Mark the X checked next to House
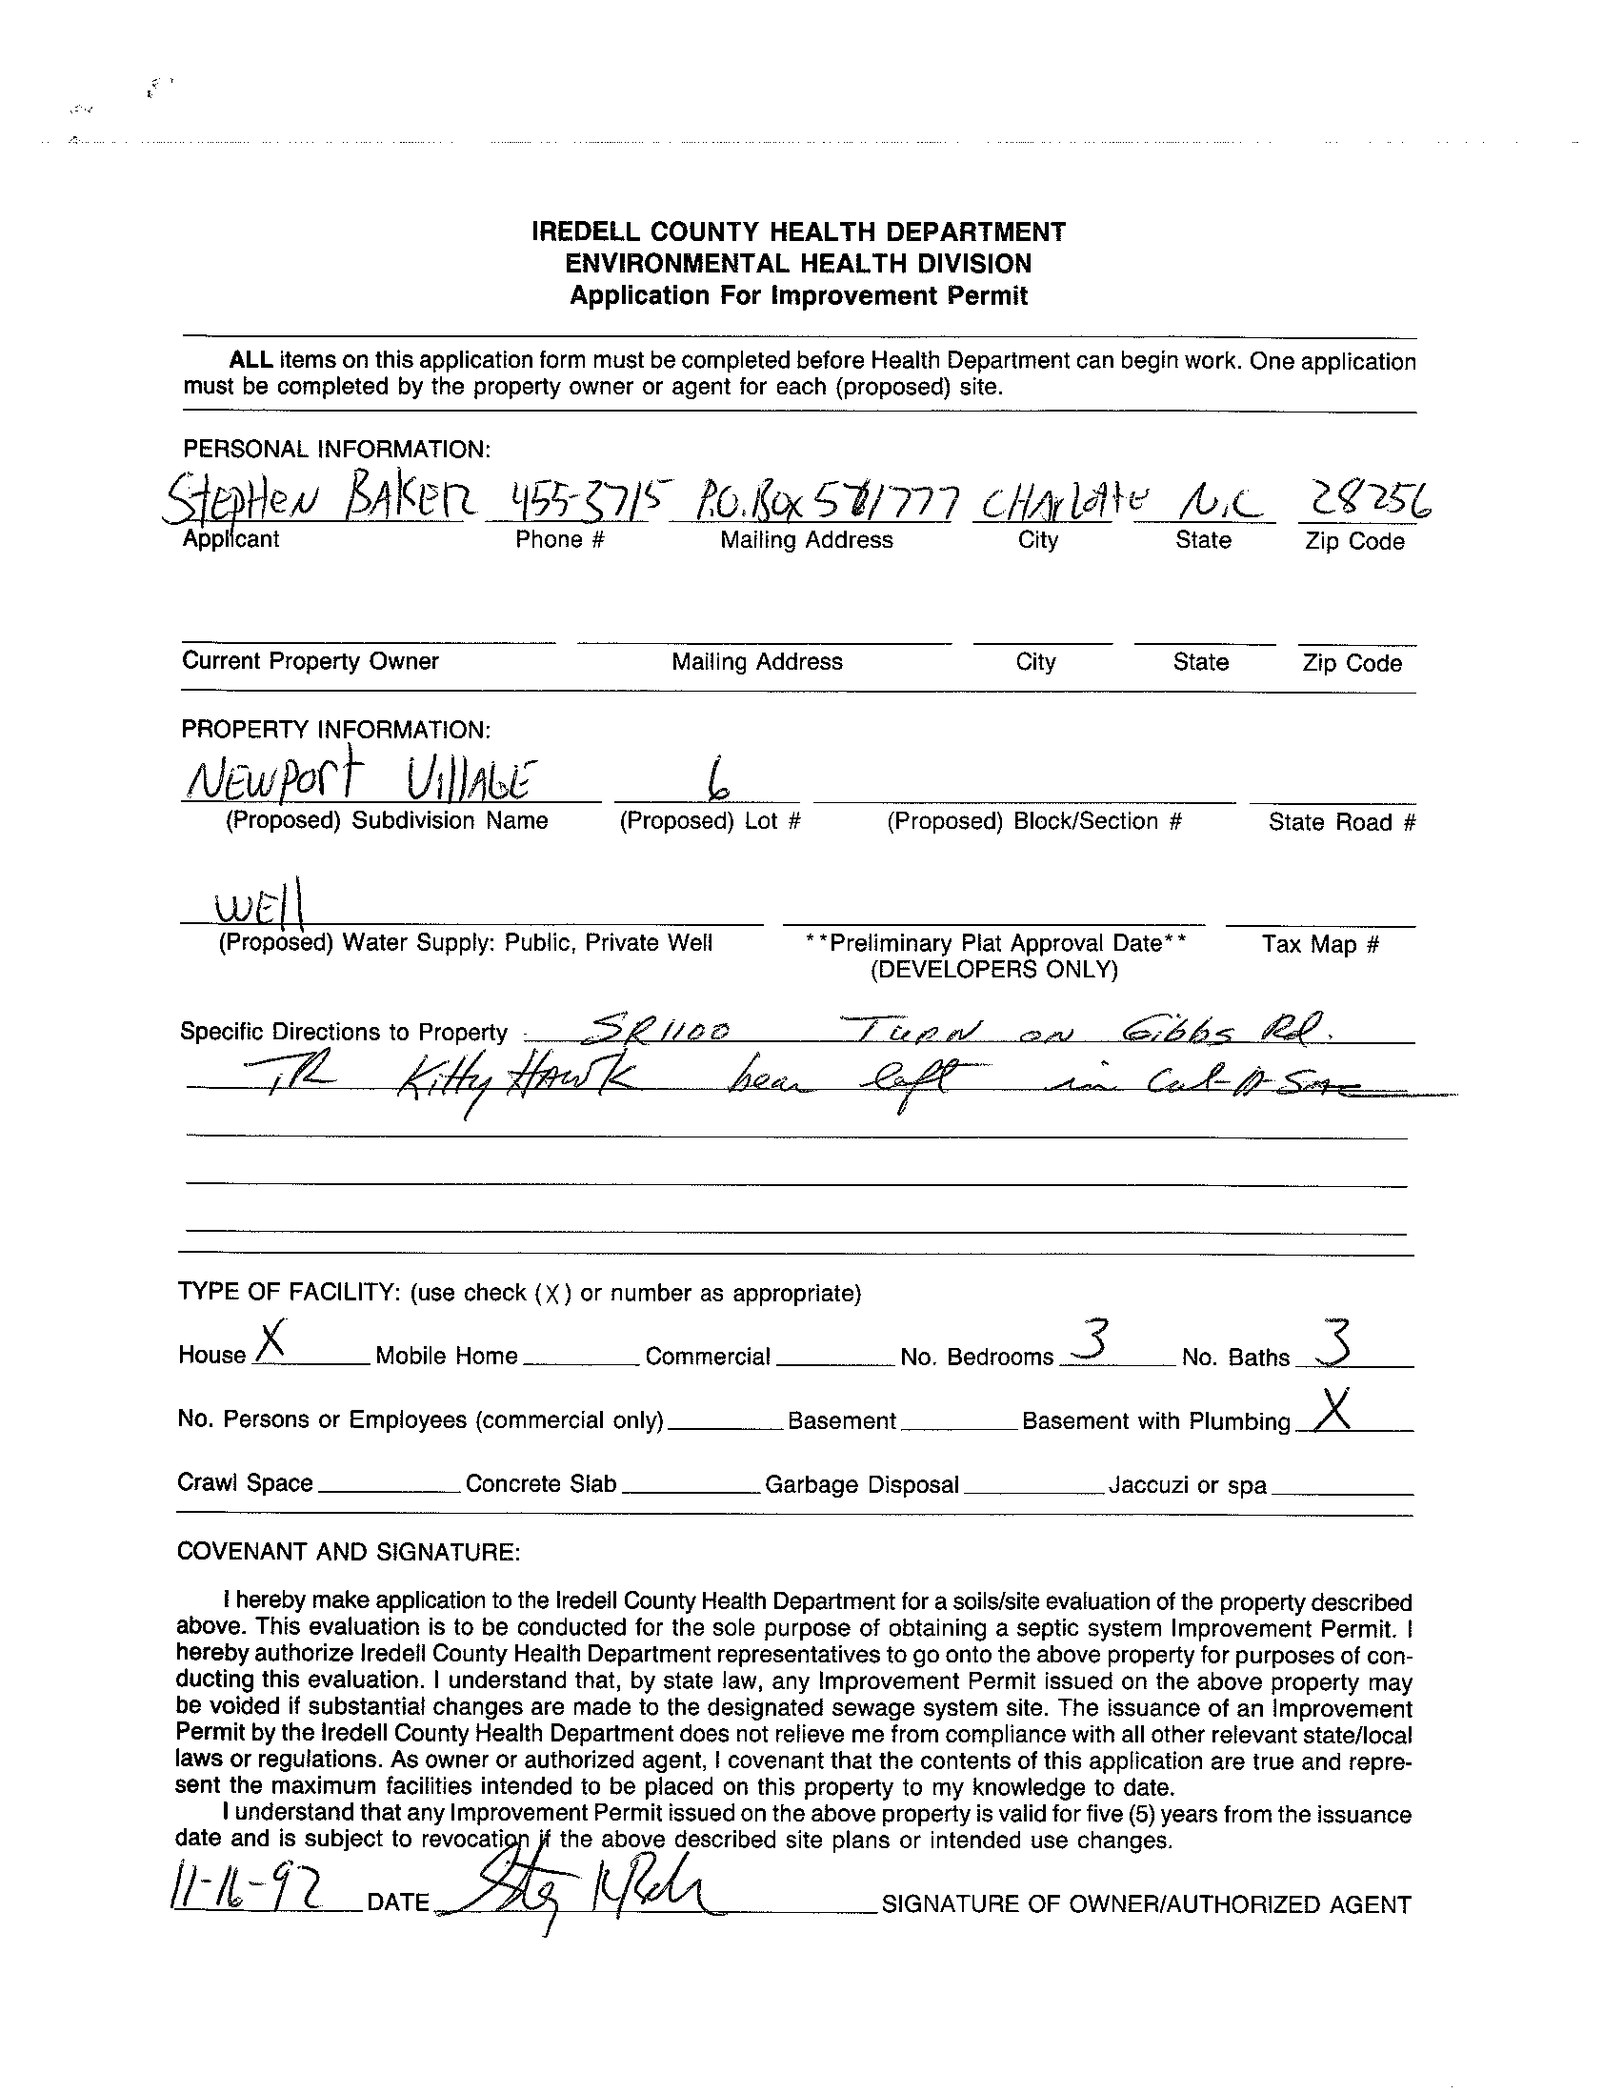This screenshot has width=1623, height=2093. [272, 1338]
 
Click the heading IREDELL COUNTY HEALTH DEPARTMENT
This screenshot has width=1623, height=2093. [798, 231]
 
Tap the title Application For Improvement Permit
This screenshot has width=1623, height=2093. [798, 295]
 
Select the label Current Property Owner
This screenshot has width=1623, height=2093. [311, 661]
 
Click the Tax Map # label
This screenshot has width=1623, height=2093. [1320, 944]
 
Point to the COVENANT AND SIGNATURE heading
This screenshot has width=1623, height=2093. [349, 1552]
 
